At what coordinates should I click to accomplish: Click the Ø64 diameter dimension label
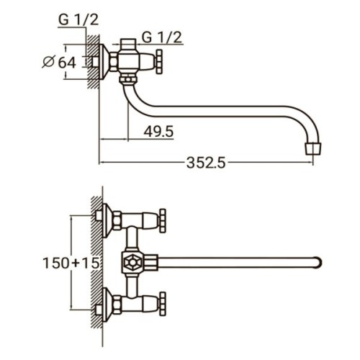click(60, 63)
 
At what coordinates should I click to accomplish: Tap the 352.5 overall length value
click(205, 163)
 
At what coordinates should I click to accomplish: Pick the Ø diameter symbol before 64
click(48, 63)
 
